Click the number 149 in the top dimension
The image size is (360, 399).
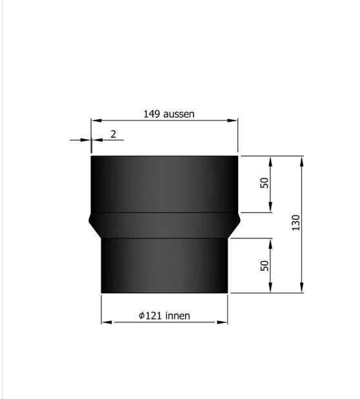pyautogui.click(x=152, y=114)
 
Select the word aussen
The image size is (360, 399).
pyautogui.click(x=179, y=114)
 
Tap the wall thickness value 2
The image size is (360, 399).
pyautogui.click(x=114, y=134)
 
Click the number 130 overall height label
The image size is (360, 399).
pyautogui.click(x=295, y=223)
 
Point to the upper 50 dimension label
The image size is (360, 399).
pyautogui.click(x=265, y=183)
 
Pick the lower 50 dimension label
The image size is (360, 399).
pyautogui.click(x=265, y=266)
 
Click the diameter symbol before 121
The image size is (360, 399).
pyautogui.click(x=142, y=316)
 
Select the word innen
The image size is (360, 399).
pyautogui.click(x=177, y=316)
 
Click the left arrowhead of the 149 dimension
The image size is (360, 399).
pyautogui.click(x=96, y=121)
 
